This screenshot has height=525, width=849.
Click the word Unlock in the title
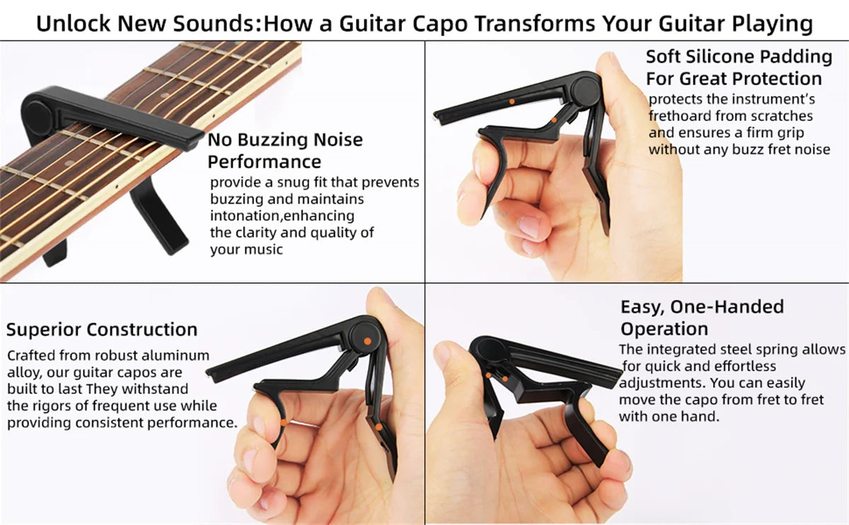[x=73, y=23]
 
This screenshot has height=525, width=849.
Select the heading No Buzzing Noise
[x=285, y=139]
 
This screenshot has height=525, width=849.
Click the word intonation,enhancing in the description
[x=282, y=216]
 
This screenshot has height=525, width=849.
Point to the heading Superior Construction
[x=102, y=329]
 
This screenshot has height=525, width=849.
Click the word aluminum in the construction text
[x=175, y=355]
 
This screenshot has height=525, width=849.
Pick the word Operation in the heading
[x=664, y=329]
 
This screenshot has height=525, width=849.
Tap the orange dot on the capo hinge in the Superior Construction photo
[x=366, y=341]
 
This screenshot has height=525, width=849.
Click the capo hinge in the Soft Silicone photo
[x=586, y=90]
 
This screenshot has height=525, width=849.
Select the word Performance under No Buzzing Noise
[x=264, y=161]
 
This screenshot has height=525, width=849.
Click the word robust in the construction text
[x=108, y=355]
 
